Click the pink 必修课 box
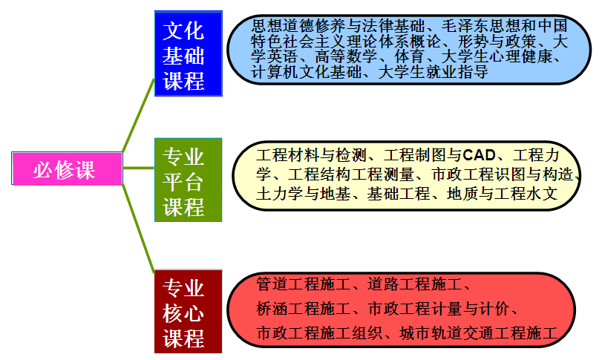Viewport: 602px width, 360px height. point(68,168)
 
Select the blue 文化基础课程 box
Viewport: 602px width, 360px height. point(188,53)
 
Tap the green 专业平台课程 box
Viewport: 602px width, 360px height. point(188,180)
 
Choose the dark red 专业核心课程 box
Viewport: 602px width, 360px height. point(188,311)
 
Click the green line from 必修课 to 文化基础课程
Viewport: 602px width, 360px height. point(138,116)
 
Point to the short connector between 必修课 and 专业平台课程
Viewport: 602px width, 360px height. point(139,168)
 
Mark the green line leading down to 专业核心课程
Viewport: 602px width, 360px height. point(138,228)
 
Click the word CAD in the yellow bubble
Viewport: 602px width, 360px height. point(479,155)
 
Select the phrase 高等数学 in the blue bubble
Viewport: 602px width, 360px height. point(346,56)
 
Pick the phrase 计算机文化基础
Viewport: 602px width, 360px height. point(306,72)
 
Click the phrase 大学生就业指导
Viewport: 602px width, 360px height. point(433,72)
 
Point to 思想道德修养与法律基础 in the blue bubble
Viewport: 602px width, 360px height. point(338,26)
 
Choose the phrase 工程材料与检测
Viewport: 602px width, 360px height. point(311,155)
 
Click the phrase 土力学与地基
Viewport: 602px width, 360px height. point(304,194)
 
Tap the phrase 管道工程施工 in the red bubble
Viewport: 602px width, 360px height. point(304,284)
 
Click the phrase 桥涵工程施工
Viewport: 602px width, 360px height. point(304,309)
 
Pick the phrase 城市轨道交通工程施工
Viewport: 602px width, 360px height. point(478,333)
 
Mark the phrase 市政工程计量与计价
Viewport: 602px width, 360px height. point(439,309)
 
